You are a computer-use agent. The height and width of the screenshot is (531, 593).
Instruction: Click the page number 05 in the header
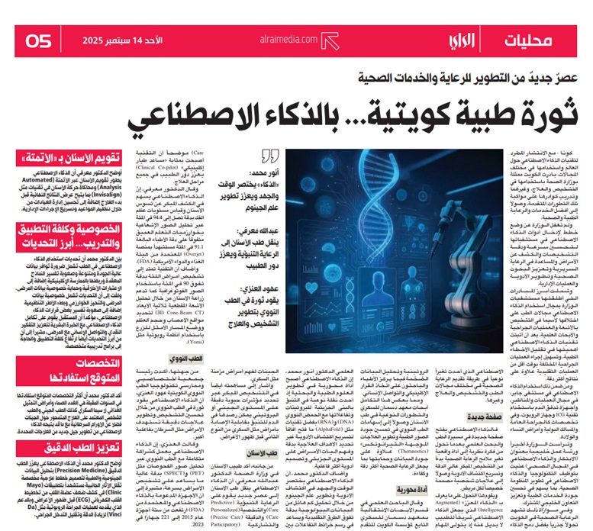tap(38, 40)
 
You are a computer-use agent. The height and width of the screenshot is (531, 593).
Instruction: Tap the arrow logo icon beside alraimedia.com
tap(329, 40)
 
